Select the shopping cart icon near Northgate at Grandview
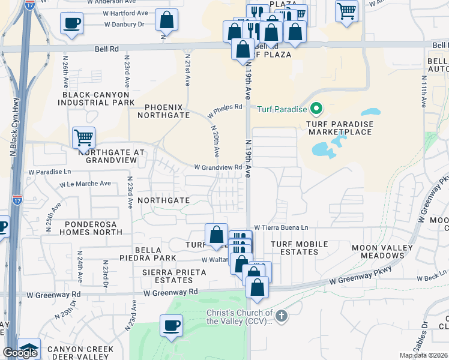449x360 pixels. click(x=83, y=137)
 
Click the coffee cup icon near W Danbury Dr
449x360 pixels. click(x=71, y=23)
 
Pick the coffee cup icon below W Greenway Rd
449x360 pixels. click(x=171, y=325)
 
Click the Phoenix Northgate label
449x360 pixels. click(x=163, y=111)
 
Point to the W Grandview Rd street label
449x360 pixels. click(x=217, y=167)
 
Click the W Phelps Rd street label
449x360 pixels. click(x=225, y=111)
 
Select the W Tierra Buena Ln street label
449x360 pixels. click(x=281, y=228)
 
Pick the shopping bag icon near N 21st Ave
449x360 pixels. click(x=166, y=20)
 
